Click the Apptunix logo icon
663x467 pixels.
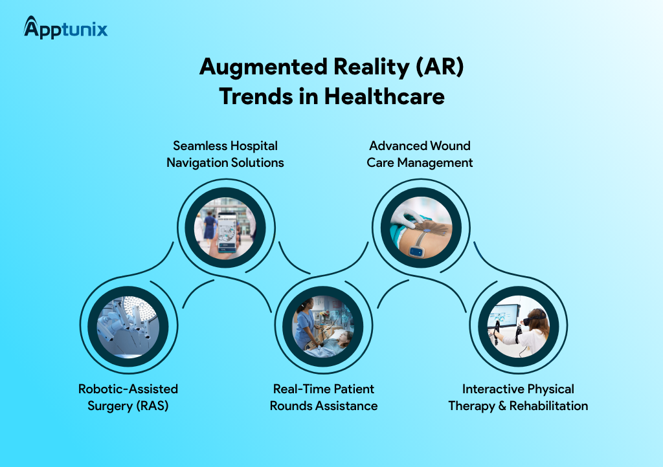[32, 27]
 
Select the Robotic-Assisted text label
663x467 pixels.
[128, 389]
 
